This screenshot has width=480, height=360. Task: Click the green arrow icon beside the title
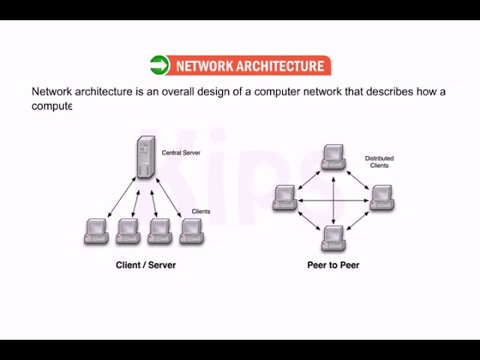coord(160,65)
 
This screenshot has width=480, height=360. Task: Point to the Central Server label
coord(181,153)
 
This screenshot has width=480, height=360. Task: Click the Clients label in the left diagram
coord(201,211)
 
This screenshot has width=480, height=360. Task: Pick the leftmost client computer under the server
coord(96,231)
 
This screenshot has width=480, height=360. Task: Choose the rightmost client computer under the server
coord(192,231)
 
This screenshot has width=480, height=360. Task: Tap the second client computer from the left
coord(128,231)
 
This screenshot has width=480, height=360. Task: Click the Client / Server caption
coord(145,265)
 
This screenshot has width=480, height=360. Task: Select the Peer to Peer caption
coord(333,265)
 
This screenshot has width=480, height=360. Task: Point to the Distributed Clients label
coord(379,162)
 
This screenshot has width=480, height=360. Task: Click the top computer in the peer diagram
coord(333,155)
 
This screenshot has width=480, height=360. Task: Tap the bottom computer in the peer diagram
coord(333,237)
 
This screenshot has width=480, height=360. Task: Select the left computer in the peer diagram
coord(285,196)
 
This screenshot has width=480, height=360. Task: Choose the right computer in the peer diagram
coord(381,196)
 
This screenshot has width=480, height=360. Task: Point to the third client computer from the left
coord(160,231)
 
